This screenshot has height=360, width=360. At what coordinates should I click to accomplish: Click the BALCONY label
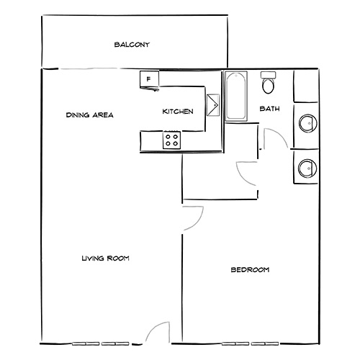click(132, 45)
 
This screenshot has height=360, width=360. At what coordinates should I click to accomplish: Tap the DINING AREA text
click(89, 114)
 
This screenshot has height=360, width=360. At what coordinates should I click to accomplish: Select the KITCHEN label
click(177, 112)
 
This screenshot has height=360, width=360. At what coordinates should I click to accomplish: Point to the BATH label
click(269, 109)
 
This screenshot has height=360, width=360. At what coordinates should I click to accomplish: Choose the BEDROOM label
click(249, 270)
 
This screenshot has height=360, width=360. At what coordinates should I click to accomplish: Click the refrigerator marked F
click(148, 79)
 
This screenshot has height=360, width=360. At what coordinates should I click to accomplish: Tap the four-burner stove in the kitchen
click(172, 140)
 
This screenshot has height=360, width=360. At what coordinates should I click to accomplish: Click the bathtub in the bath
click(236, 97)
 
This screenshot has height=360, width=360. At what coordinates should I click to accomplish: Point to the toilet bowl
click(269, 87)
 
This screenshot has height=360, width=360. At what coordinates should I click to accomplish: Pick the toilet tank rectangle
click(269, 75)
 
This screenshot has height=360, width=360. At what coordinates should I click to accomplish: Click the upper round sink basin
click(306, 123)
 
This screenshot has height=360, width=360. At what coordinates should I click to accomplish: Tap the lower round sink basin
click(306, 168)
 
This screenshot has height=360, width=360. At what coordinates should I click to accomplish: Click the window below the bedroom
click(248, 343)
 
